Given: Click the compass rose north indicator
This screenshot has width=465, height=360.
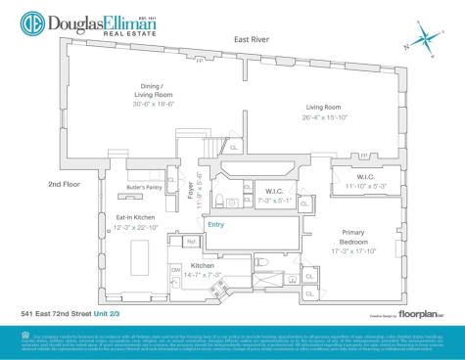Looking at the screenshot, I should tap(427, 40).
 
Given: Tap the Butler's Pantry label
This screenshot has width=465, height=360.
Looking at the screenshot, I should tap(145, 187).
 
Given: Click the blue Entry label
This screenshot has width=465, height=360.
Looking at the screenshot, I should tap(218, 223).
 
